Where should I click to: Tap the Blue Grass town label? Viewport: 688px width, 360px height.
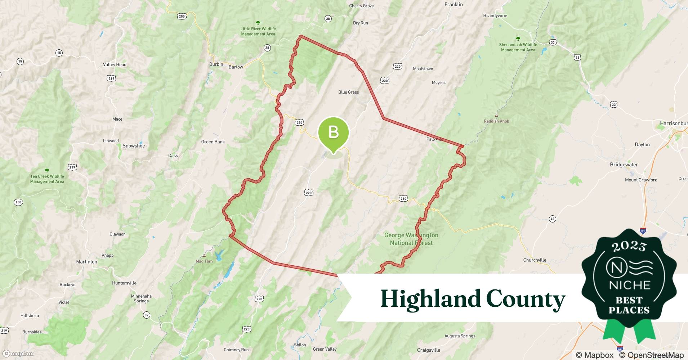348,92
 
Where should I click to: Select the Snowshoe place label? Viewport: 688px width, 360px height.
134,146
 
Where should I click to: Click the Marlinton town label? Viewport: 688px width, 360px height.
86,262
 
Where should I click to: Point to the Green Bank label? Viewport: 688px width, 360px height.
213,142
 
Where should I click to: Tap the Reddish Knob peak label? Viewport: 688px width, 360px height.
496,121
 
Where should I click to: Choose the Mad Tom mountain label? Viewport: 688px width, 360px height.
204,261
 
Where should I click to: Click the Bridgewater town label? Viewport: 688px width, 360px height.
624,165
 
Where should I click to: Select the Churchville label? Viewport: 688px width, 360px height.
535,260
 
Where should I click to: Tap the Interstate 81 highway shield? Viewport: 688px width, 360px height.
643,230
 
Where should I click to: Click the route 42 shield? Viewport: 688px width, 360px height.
552,219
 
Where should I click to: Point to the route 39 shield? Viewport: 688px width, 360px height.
146,315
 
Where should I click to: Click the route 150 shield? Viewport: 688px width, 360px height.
18,202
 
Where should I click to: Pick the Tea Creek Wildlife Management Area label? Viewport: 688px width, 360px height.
47,179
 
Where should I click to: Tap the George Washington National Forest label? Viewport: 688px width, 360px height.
411,239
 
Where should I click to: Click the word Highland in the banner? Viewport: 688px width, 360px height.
430,299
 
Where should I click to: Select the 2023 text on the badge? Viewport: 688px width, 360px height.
629,246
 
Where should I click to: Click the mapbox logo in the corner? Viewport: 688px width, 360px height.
18,354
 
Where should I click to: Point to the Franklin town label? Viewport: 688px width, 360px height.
454,5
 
